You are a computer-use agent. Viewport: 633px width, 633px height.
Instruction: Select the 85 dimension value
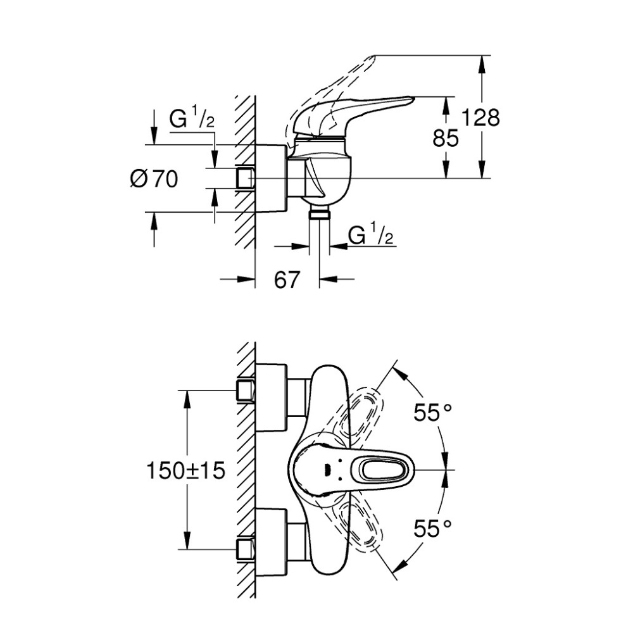(x=446, y=138)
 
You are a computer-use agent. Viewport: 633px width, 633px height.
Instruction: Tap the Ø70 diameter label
(x=154, y=179)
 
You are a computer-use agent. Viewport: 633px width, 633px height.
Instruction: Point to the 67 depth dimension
(x=287, y=279)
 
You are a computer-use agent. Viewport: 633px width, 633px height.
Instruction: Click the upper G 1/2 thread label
(x=192, y=119)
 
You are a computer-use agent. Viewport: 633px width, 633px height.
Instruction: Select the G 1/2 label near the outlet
(x=371, y=235)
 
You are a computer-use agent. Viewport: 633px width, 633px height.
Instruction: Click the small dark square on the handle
(x=327, y=470)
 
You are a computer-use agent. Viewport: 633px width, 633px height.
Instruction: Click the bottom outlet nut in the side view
(x=320, y=215)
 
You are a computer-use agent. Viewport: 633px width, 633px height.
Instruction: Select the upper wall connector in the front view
(x=245, y=389)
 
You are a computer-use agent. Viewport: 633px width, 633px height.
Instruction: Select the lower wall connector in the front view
(x=245, y=549)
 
